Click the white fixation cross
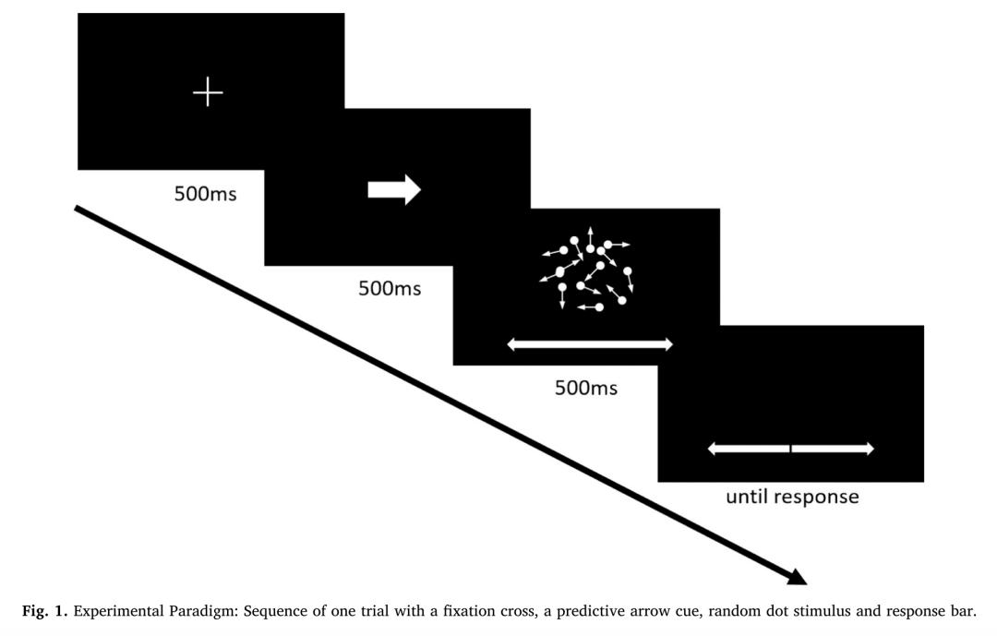tap(208, 92)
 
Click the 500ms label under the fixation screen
tap(205, 194)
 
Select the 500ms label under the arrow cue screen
tap(390, 288)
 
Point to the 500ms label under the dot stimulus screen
tap(585, 388)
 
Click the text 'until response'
tap(791, 497)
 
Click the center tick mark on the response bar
tap(790, 449)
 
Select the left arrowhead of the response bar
tap(714, 449)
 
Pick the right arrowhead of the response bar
tap(868, 449)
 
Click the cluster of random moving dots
tap(587, 271)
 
